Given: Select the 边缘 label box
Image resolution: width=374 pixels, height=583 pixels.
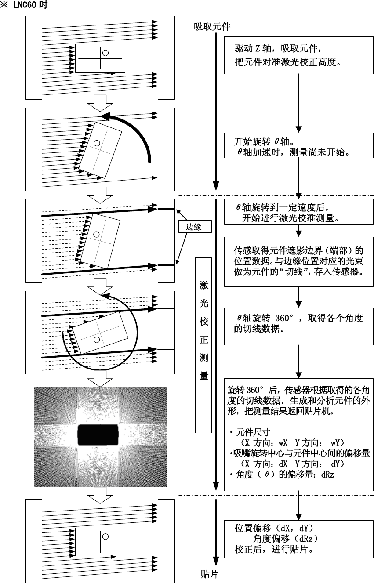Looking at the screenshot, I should coord(193,226).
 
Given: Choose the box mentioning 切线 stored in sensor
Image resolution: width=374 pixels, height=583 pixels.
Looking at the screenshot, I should coord(298,262).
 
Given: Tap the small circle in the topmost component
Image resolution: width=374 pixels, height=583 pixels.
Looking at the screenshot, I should coord(105,53).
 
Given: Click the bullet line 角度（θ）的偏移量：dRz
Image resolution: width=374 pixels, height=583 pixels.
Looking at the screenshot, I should coord(281,474).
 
